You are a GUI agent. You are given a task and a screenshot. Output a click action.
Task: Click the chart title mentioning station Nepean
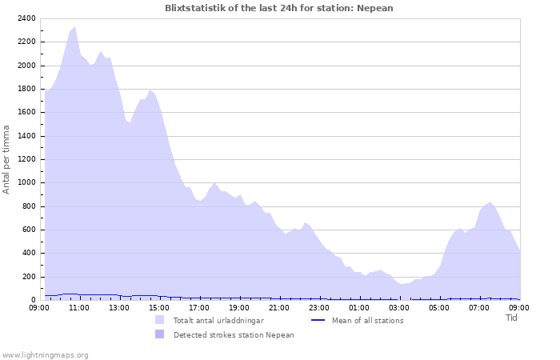click(278, 8)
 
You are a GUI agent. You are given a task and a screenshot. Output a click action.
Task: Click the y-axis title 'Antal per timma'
click(7, 159)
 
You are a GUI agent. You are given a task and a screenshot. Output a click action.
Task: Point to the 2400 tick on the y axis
click(26, 18)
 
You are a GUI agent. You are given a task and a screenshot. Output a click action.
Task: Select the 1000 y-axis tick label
click(26, 183)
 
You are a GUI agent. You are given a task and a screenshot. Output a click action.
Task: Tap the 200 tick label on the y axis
click(28, 277)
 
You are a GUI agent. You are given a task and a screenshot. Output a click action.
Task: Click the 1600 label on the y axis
click(26, 113)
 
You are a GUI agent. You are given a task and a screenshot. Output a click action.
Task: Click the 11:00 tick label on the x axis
click(79, 307)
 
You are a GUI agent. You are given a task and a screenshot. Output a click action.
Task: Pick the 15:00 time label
click(159, 307)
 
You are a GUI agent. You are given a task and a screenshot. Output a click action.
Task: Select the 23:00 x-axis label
click(319, 307)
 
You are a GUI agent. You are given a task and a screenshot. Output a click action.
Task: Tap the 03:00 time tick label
click(399, 307)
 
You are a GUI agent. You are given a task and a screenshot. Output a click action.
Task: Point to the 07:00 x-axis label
click(479, 307)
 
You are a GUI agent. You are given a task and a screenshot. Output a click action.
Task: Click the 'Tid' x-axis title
click(512, 318)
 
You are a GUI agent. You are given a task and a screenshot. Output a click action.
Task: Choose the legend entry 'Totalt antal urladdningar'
click(218, 321)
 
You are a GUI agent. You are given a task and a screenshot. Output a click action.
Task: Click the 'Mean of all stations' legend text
click(367, 321)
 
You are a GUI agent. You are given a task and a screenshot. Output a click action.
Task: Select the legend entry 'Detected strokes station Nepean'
click(234, 335)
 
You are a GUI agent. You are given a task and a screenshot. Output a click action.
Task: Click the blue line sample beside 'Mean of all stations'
click(318, 321)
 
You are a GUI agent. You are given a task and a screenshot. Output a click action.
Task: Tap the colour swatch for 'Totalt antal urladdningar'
click(160, 320)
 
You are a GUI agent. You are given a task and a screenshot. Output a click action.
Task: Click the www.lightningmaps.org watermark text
click(45, 354)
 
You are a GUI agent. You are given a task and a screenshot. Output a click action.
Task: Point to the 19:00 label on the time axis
click(239, 307)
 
